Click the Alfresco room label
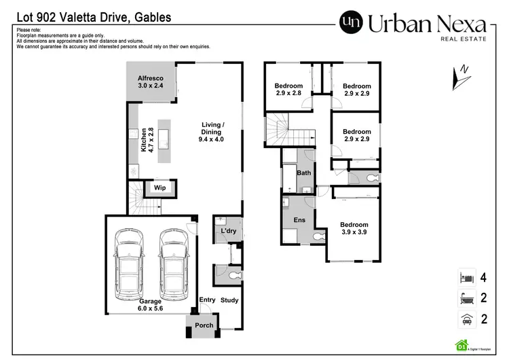coord(151,82)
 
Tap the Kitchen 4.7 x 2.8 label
coord(147,139)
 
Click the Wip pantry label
coord(160,187)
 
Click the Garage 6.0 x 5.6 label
coord(151,304)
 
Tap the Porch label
coord(204,325)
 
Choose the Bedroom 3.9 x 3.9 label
coord(354,228)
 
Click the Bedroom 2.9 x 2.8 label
coord(288,90)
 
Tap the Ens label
coord(299,220)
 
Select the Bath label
coord(303,173)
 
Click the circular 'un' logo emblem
coord(351,24)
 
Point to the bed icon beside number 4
coord(466,278)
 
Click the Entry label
coord(206,300)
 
